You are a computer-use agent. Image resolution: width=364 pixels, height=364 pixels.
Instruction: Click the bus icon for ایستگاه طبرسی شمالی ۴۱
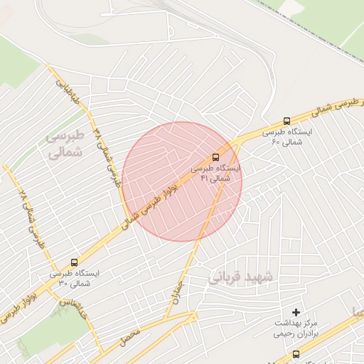(215, 158)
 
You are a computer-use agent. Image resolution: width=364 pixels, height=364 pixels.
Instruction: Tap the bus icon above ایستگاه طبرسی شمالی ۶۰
(287, 122)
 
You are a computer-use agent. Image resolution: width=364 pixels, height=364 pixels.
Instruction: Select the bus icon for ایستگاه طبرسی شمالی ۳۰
(75, 262)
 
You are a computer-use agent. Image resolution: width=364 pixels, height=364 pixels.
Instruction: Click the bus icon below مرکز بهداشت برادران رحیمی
(296, 353)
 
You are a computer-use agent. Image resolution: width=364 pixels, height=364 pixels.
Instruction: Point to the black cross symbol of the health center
(296, 312)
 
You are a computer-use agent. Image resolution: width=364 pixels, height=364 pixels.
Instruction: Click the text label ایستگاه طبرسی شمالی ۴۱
(217, 173)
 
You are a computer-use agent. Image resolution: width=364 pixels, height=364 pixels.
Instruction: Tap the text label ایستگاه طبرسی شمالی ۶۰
(287, 136)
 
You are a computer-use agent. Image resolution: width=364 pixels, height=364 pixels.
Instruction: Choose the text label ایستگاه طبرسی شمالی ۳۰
(75, 278)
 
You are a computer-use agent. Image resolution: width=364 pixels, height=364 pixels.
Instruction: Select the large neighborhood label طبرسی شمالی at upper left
(65, 143)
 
